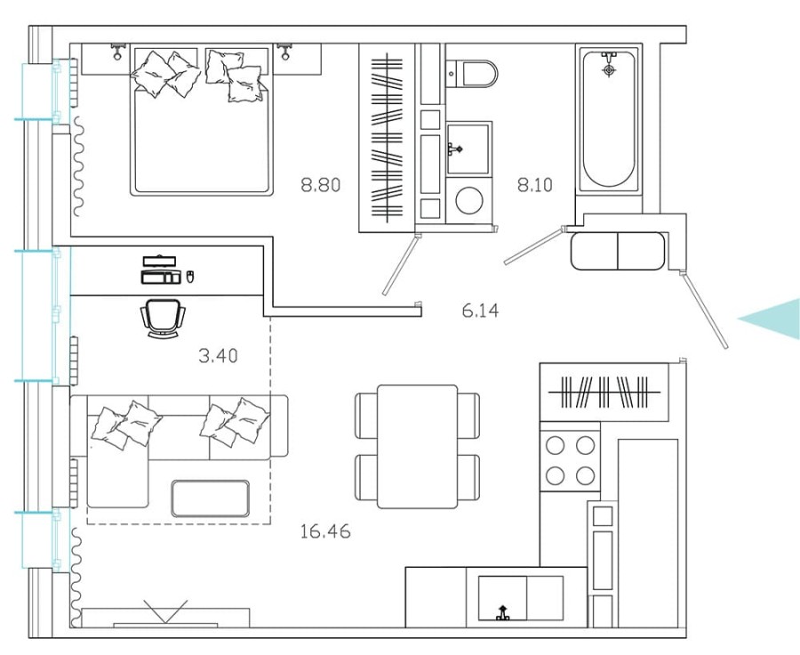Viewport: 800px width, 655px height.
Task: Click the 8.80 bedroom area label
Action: coord(321,186)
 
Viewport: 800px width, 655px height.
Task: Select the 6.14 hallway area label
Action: coord(480,311)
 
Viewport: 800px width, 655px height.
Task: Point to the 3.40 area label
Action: coord(217,356)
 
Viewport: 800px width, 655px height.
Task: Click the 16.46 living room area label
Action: coord(324,532)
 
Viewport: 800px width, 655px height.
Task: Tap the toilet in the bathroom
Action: coord(470,72)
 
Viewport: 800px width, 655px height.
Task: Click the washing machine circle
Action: coord(468,200)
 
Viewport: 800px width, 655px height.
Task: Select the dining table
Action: coord(417,446)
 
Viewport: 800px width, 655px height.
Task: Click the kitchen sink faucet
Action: coord(503,612)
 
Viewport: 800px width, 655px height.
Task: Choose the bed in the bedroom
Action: coord(201,120)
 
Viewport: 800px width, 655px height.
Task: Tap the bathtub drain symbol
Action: coord(609,69)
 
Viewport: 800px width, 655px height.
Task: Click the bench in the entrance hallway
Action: coord(618,250)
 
